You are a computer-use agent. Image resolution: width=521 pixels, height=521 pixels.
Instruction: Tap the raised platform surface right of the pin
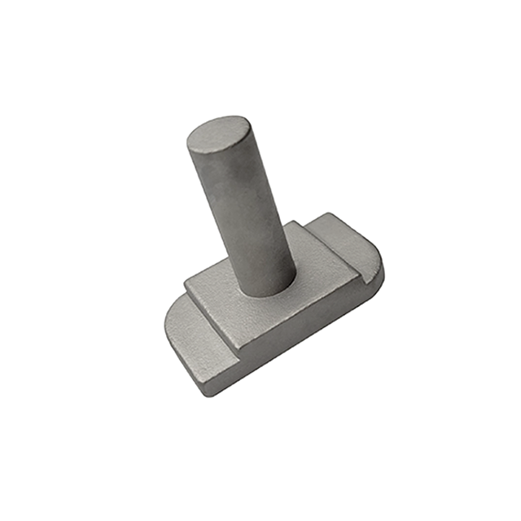point(313,256)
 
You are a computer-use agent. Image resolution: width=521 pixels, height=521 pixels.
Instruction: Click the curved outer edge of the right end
point(376,252)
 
